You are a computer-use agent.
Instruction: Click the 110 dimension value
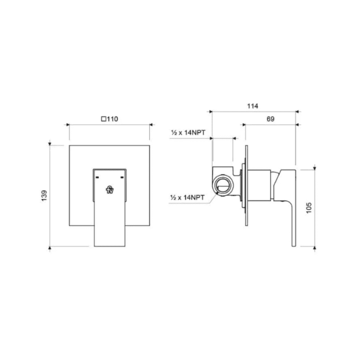tap(112, 119)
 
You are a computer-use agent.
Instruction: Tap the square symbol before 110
tap(103, 119)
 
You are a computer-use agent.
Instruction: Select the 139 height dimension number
tap(44, 196)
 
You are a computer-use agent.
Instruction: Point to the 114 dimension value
tap(253, 106)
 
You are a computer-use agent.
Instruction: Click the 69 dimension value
tap(270, 119)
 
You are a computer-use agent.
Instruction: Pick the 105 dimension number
tap(308, 206)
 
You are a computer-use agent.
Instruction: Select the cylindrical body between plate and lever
tap(260, 184)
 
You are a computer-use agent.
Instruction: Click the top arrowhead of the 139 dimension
tap(50, 145)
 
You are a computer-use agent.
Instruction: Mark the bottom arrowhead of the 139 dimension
tap(50, 247)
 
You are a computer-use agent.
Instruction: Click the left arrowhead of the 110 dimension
tap(69, 124)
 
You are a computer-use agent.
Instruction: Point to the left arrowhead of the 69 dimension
tap(244, 124)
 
